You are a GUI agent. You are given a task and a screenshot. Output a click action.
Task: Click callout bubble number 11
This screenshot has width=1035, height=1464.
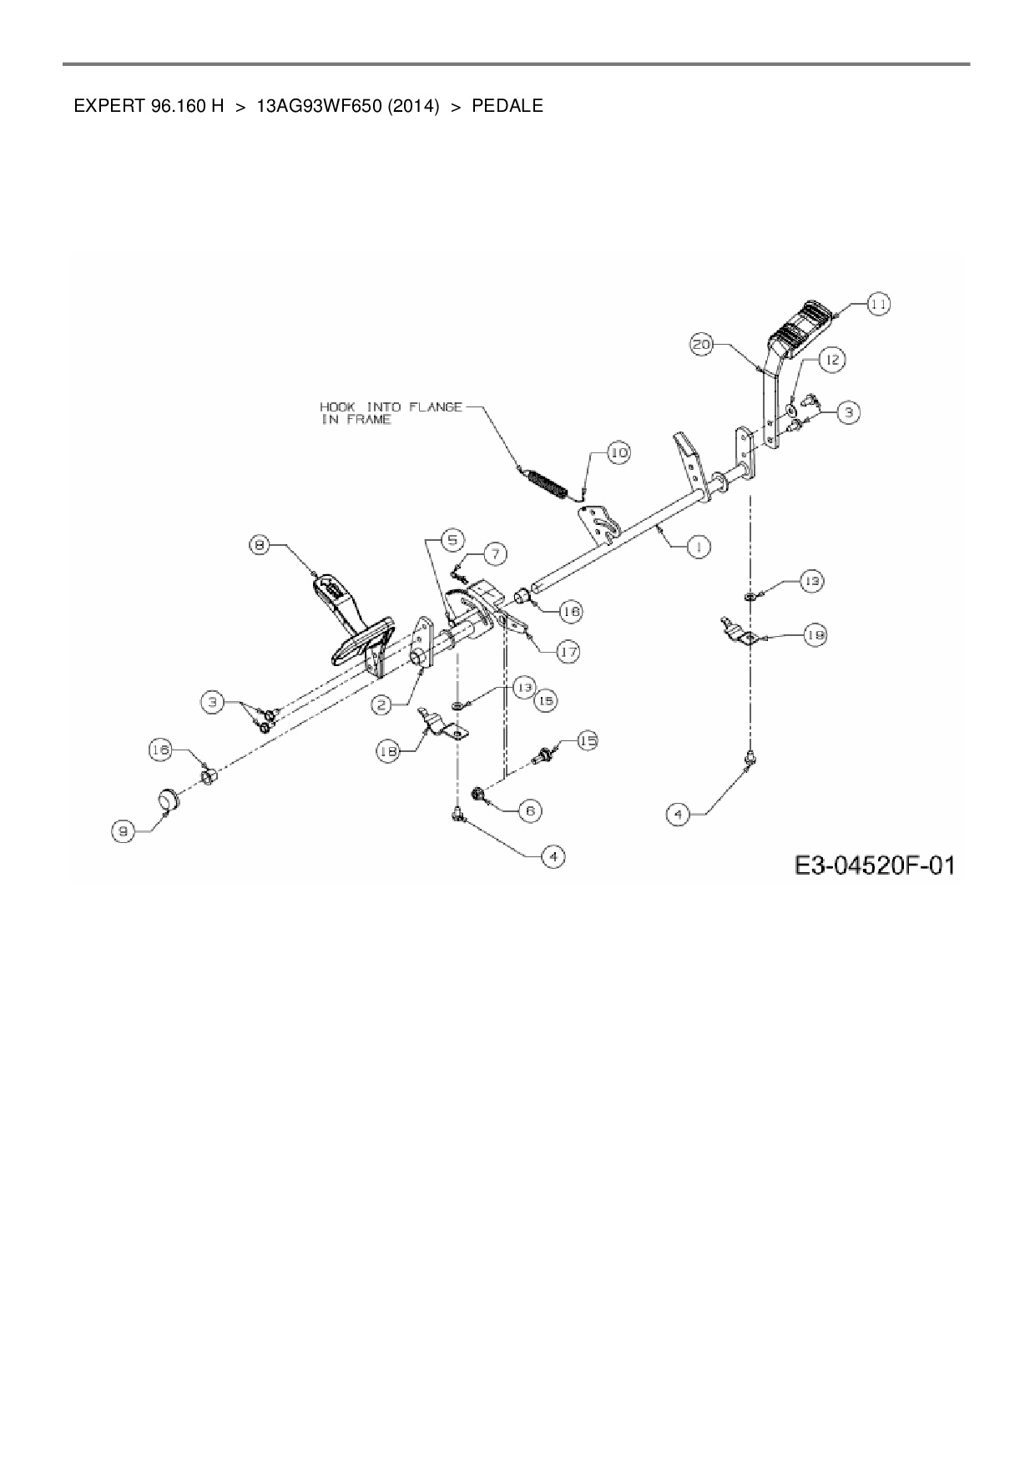point(877,305)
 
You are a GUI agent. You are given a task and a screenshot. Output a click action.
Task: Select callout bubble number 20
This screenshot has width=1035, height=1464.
point(702,344)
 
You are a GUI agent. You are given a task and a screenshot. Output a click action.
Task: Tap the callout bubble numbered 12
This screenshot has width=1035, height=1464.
point(831,360)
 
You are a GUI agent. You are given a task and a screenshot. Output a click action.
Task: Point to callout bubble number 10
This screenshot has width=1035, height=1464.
point(618,453)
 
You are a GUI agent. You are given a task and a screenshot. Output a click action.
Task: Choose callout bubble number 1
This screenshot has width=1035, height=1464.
point(698,547)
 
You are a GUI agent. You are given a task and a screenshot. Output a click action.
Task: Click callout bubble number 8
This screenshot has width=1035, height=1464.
point(260,546)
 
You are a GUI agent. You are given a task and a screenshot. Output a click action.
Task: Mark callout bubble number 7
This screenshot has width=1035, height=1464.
point(495,553)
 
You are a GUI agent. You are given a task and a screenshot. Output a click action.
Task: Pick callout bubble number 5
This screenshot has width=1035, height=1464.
point(452,540)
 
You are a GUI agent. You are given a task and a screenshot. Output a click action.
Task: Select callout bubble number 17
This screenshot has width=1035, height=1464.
point(568,651)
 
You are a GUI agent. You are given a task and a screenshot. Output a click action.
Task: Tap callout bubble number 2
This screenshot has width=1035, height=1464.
point(381,705)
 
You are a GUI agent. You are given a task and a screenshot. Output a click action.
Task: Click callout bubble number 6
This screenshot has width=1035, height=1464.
point(529,810)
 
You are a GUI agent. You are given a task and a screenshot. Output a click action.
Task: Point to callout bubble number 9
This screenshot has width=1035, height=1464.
point(124,830)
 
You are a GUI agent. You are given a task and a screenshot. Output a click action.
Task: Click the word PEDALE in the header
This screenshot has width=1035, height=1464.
point(507,106)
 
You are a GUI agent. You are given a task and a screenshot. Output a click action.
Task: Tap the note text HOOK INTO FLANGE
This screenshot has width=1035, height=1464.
point(391,407)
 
